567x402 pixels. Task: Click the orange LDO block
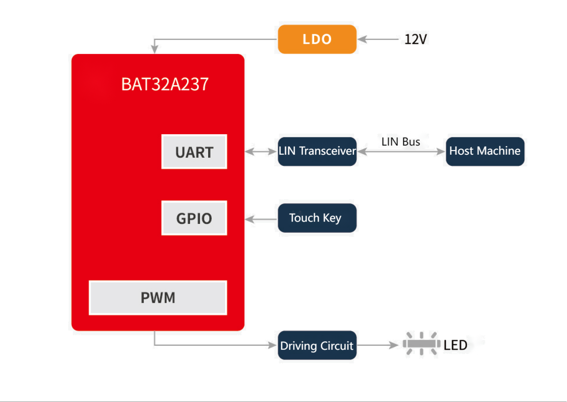pyautogui.click(x=317, y=39)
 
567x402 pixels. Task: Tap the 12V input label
pyautogui.click(x=416, y=39)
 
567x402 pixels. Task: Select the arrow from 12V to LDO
pyautogui.click(x=378, y=39)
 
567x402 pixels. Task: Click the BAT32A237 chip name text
pyautogui.click(x=165, y=84)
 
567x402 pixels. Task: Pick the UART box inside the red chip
pyautogui.click(x=194, y=152)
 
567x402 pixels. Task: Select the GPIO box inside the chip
pyautogui.click(x=194, y=218)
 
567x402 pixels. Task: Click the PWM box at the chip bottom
pyautogui.click(x=157, y=298)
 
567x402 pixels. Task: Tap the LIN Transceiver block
pyautogui.click(x=317, y=151)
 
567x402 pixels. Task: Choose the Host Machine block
pyautogui.click(x=485, y=151)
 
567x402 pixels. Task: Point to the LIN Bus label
pyautogui.click(x=400, y=142)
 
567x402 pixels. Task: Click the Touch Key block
pyautogui.click(x=317, y=218)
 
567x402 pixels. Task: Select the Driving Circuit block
pyautogui.click(x=317, y=345)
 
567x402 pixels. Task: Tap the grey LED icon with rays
pyautogui.click(x=421, y=344)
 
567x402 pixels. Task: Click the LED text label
pyautogui.click(x=455, y=345)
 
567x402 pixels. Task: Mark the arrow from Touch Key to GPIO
pyautogui.click(x=261, y=219)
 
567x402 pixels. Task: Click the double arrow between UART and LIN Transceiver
pyautogui.click(x=261, y=152)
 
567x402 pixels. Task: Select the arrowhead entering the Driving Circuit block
pyautogui.click(x=272, y=345)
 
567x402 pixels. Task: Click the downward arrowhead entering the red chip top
pyautogui.click(x=154, y=49)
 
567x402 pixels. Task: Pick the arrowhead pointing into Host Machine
pyautogui.click(x=441, y=152)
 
